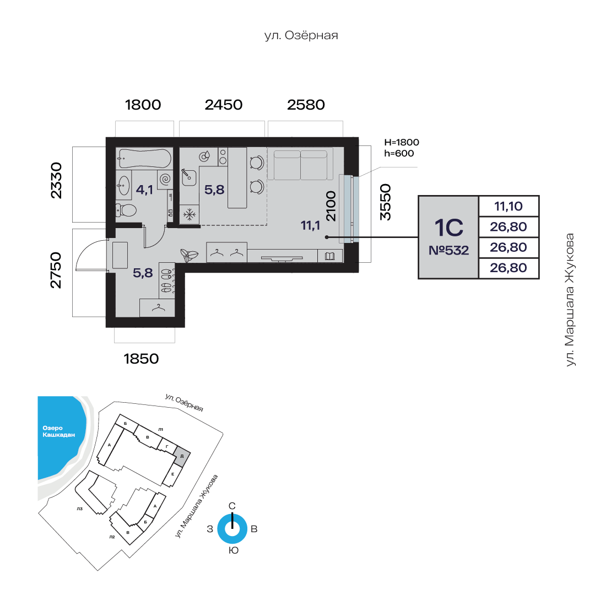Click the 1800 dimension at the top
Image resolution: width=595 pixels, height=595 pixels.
[143, 105]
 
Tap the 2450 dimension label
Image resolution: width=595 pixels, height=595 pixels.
[224, 105]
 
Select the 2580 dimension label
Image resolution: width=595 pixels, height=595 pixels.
[306, 105]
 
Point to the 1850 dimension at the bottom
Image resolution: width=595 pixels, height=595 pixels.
[141, 359]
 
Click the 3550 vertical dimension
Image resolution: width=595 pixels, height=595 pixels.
[385, 202]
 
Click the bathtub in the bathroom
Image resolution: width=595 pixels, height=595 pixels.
[144, 158]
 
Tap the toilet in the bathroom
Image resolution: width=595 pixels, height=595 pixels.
[126, 210]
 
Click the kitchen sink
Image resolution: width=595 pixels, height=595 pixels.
[188, 177]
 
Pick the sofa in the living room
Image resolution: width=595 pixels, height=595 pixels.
[300, 164]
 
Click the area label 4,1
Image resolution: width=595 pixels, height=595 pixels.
[144, 190]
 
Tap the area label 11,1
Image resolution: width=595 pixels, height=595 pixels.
[310, 226]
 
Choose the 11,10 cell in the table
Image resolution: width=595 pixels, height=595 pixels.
[509, 206]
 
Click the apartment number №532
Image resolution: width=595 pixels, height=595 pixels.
[448, 251]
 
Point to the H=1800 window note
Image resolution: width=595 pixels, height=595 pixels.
[402, 142]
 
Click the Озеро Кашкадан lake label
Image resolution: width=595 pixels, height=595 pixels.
[58, 431]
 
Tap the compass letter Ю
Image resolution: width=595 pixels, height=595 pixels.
[234, 550]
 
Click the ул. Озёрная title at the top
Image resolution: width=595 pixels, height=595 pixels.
[301, 35]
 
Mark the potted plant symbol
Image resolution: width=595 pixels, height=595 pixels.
[189, 255]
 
